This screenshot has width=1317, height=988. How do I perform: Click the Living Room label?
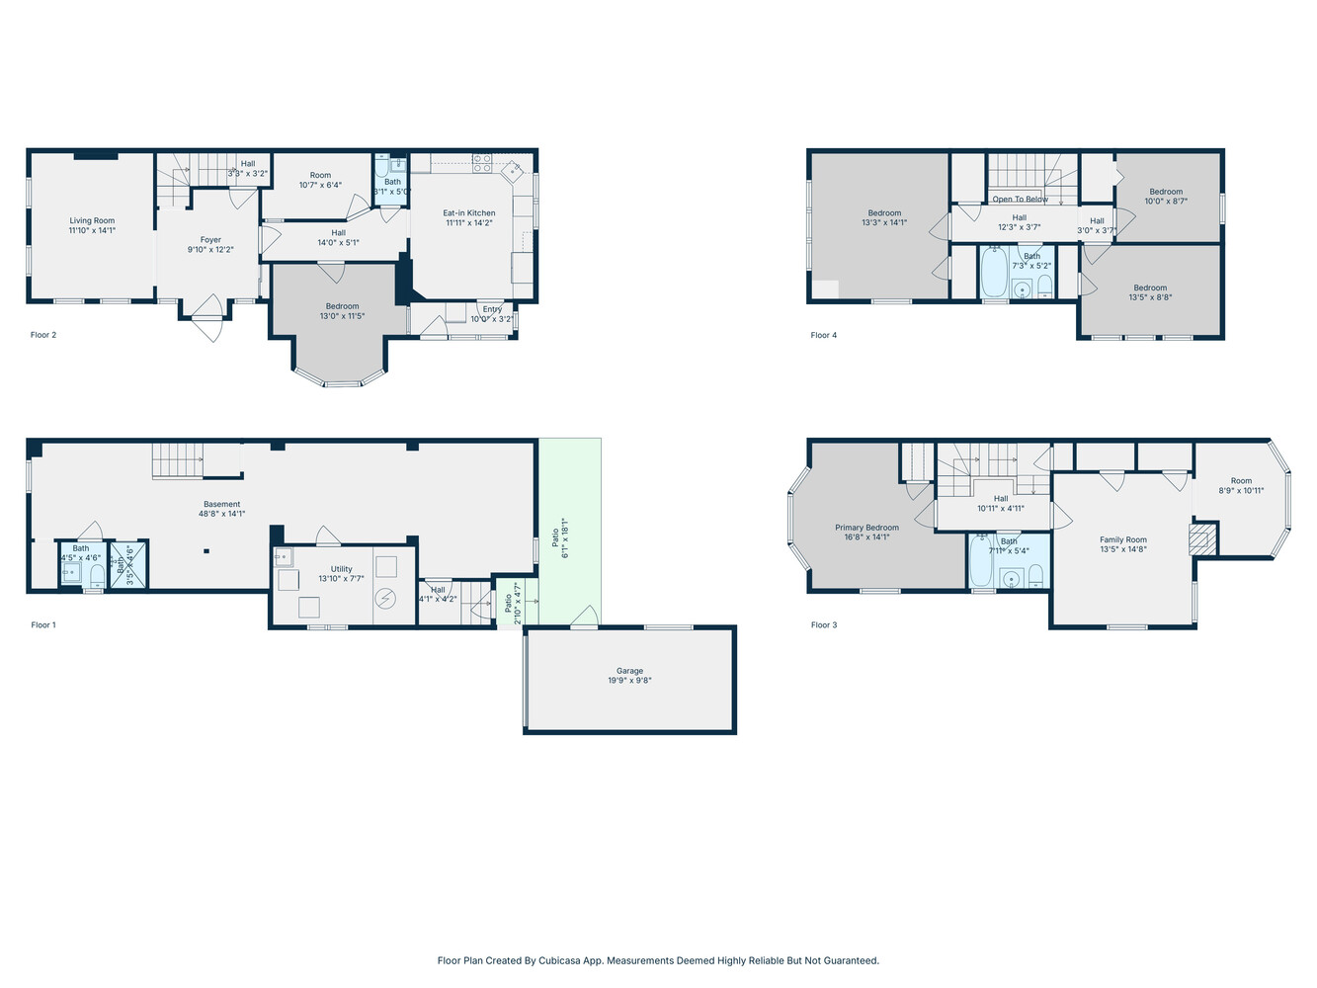92,221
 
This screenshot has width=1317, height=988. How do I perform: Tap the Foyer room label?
210,240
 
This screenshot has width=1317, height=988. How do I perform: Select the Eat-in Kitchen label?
468,213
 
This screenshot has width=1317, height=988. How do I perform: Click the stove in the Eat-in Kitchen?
481,163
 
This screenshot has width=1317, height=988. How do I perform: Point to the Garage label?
629,671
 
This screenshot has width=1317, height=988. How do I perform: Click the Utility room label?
341,569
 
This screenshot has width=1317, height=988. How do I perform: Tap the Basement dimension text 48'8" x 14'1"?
221,514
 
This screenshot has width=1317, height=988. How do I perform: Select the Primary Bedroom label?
866,528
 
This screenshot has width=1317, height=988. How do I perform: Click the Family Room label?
1123,540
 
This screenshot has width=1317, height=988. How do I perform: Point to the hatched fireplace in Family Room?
1201,538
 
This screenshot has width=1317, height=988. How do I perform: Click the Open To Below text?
1021,200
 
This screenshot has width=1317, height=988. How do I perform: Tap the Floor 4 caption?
823,335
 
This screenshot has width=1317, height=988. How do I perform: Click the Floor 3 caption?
823,624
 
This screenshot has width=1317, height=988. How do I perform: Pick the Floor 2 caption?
43,335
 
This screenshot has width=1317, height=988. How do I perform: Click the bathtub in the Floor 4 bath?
993,273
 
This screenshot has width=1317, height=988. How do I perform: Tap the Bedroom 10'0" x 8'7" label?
1166,193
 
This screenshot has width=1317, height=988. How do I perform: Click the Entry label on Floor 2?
492,309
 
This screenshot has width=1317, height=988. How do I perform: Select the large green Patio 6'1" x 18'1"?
569,534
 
